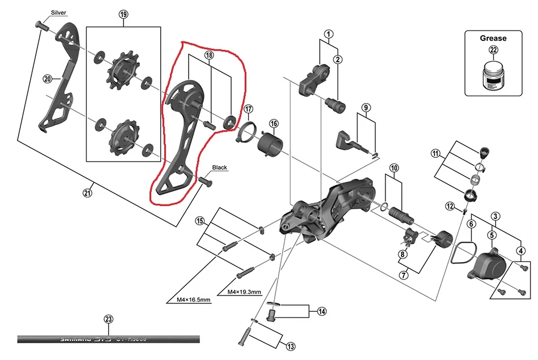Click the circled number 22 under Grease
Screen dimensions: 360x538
493,50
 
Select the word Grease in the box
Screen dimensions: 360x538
493,38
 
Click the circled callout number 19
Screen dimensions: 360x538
124,15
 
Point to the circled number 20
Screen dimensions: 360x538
47,79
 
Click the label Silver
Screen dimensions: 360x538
58,12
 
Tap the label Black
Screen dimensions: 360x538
219,168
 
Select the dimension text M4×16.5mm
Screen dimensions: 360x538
189,299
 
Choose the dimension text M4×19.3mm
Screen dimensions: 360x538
244,292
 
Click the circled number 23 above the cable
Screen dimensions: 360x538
109,319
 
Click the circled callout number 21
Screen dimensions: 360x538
87,193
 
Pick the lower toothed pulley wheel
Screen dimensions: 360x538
121,138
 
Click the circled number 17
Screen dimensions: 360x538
249,109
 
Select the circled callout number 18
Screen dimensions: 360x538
210,55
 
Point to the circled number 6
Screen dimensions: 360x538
471,224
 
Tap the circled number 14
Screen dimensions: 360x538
322,311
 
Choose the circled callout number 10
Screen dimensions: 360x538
394,168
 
